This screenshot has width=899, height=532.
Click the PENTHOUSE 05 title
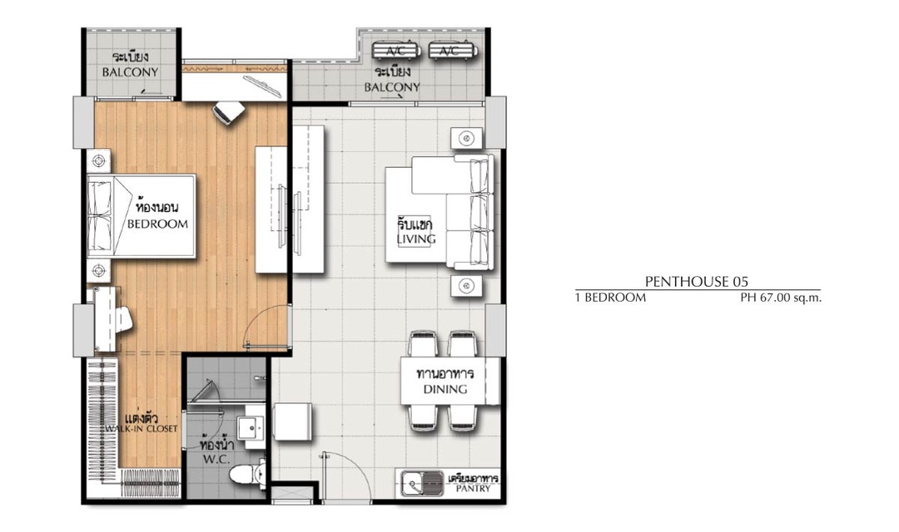(697, 281)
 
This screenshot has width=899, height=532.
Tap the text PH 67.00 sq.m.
(781, 298)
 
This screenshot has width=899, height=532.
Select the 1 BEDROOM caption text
(611, 298)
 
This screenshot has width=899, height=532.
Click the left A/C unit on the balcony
(395, 51)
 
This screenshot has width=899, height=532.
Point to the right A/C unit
(453, 51)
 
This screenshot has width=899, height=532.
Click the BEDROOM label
(157, 224)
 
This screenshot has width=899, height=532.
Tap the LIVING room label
(416, 239)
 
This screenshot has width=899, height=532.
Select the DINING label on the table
(445, 389)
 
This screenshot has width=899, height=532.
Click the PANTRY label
(474, 489)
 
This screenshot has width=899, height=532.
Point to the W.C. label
(216, 459)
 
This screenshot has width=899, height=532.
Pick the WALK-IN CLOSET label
(141, 429)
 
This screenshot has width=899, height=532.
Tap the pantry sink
(423, 483)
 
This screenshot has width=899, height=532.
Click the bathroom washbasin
(250, 427)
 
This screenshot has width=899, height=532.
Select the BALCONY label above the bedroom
(130, 72)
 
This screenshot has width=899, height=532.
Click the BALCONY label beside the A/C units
(392, 87)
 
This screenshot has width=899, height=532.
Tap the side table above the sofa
(466, 139)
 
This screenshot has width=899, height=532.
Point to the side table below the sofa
(466, 286)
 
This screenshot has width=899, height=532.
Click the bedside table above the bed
(98, 161)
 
